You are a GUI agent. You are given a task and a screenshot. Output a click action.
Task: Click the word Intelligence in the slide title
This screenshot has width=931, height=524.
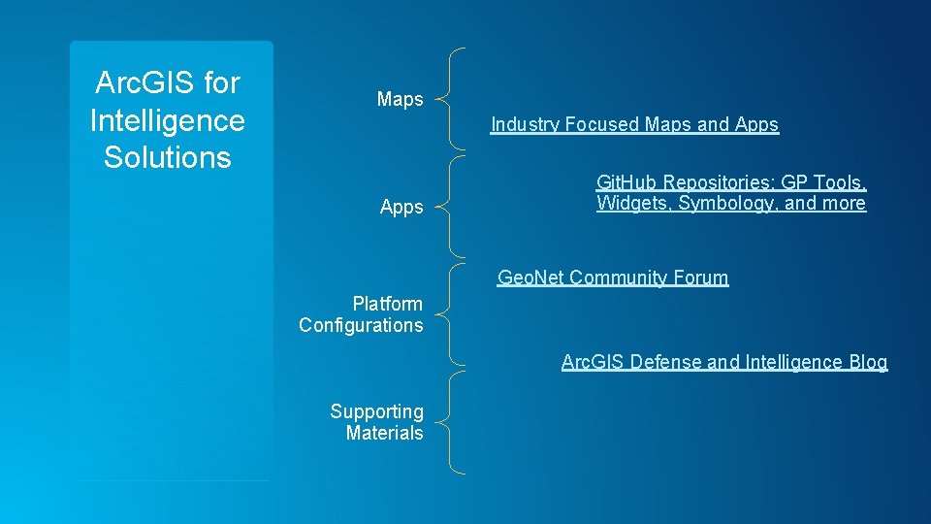pos(167,120)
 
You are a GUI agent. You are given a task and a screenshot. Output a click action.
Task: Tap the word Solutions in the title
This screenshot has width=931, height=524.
pos(167,157)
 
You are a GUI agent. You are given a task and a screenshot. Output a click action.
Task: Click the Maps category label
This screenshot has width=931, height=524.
pos(400,99)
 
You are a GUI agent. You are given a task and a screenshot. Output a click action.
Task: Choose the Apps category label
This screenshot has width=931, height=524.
pos(401,207)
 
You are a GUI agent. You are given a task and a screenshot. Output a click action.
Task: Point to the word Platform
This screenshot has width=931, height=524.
pos(387,304)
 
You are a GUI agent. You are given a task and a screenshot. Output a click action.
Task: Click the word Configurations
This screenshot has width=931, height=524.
pos(361,325)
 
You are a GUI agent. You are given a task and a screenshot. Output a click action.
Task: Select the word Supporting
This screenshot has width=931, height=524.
pos(376,411)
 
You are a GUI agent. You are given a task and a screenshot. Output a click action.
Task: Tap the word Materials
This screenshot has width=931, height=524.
pos(384,433)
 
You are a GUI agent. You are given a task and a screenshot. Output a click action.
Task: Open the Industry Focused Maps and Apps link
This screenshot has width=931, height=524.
pos(634,124)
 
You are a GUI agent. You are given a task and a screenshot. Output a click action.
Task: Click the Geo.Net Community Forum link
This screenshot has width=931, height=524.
pos(612,278)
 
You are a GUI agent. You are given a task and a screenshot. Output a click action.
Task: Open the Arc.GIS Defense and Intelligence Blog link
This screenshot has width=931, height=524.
pos(723,362)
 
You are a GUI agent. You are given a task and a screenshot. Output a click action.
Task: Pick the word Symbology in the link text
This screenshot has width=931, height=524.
pos(724,203)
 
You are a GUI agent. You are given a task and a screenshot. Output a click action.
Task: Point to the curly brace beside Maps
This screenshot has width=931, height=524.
pos(449,98)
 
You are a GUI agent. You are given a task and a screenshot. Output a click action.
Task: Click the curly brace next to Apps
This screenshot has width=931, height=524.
pos(449,206)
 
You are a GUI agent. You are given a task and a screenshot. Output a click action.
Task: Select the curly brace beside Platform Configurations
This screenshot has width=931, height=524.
pos(449,314)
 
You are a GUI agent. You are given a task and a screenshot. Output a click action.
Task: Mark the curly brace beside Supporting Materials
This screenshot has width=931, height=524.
pos(449,422)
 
